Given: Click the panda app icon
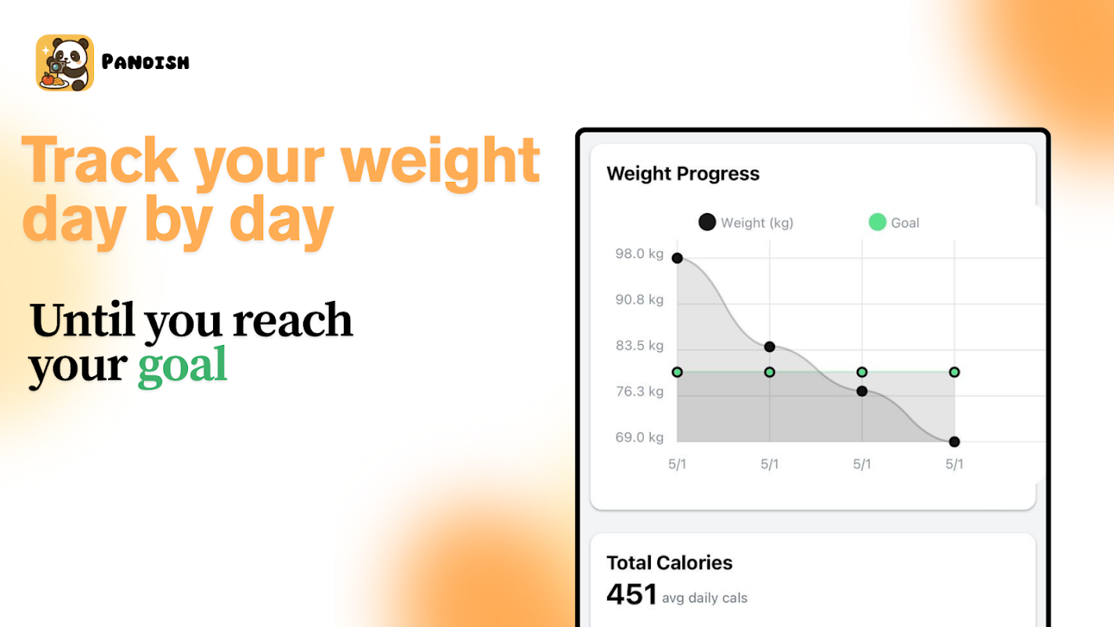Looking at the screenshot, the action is [x=65, y=63].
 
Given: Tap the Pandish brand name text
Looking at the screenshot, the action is [x=145, y=63].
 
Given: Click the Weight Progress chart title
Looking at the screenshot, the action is [x=683, y=174].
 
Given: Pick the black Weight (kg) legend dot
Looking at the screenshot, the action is [x=707, y=222].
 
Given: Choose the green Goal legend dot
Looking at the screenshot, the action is [x=877, y=222].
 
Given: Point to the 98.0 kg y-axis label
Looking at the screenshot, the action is [x=639, y=254].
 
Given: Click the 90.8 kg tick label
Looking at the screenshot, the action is [x=639, y=299].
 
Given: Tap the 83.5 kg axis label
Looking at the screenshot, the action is [x=639, y=346].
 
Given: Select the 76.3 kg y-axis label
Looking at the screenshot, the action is [x=639, y=392].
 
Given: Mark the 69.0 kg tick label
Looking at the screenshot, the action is [x=639, y=437].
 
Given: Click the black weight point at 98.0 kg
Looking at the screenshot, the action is [x=678, y=259].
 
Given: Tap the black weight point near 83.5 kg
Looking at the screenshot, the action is [x=769, y=347].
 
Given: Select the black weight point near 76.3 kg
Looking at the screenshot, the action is [x=862, y=392].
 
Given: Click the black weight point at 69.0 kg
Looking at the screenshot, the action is [x=954, y=442].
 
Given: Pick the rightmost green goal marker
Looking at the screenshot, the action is [x=954, y=372].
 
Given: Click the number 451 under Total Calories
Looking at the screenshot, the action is [x=631, y=594].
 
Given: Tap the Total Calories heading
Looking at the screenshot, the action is [x=669, y=563].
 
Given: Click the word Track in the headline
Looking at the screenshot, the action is [x=99, y=160].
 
